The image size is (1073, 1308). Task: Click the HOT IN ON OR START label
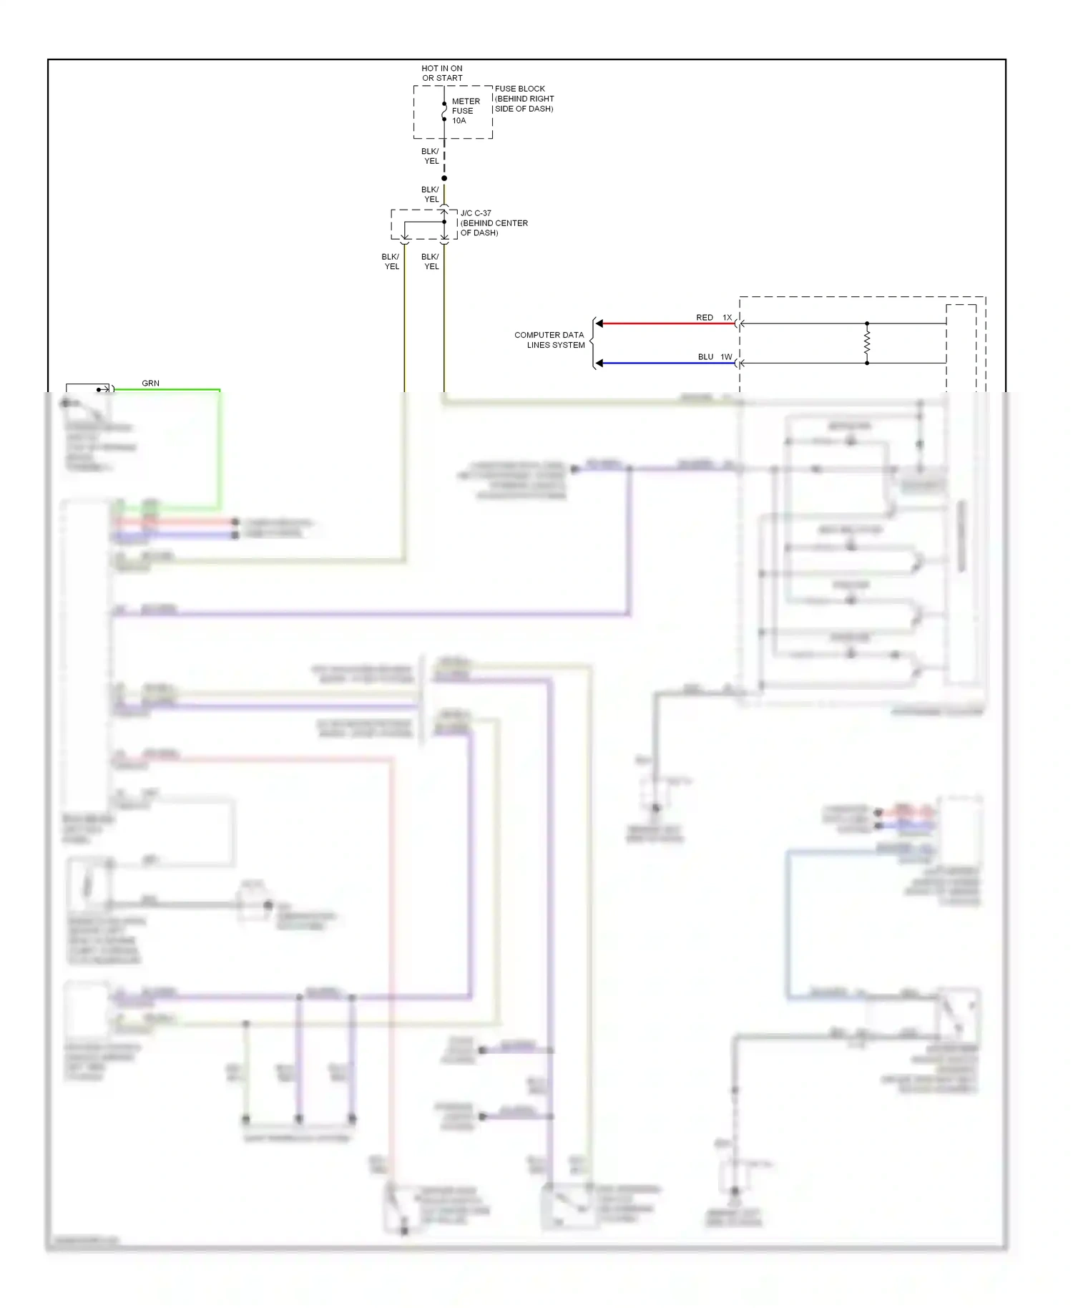[442, 73]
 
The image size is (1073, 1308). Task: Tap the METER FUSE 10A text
[465, 111]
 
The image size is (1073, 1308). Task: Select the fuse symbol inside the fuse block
[444, 112]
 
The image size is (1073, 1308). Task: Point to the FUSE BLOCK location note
[524, 99]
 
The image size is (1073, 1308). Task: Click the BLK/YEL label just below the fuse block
[431, 156]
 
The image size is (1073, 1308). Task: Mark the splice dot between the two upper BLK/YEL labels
[444, 178]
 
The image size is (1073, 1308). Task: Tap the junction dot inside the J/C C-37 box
[444, 222]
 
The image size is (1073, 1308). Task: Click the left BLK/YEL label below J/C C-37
[391, 261]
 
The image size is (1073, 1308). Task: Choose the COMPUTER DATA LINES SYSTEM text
[549, 340]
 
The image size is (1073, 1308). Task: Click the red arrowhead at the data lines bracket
[599, 323]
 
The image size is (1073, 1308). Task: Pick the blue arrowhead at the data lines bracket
[599, 363]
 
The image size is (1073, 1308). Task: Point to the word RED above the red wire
[705, 318]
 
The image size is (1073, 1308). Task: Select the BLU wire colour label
[705, 357]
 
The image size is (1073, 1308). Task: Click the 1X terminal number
[727, 318]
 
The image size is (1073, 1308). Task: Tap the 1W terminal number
[726, 357]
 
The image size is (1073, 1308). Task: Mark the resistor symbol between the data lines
[867, 343]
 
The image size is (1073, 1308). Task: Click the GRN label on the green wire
[150, 384]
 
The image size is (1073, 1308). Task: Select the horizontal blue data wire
[665, 363]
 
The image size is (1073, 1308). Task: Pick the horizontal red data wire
[665, 323]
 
